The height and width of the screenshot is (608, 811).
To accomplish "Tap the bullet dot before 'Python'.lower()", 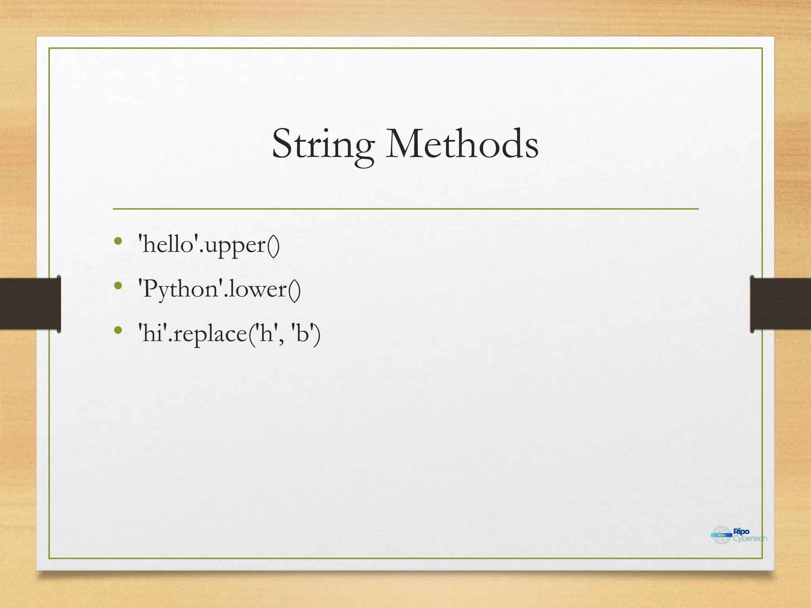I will pos(118,285).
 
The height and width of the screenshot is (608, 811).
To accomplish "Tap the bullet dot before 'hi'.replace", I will pos(118,330).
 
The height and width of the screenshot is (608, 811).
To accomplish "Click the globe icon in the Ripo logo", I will pos(721,535).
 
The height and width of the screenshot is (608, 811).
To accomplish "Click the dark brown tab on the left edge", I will pos(30,304).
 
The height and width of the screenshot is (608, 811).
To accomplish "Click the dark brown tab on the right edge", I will pos(780,304).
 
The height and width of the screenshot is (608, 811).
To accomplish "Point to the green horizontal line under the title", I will pos(405,209).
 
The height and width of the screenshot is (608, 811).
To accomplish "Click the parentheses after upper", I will pos(273,245).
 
